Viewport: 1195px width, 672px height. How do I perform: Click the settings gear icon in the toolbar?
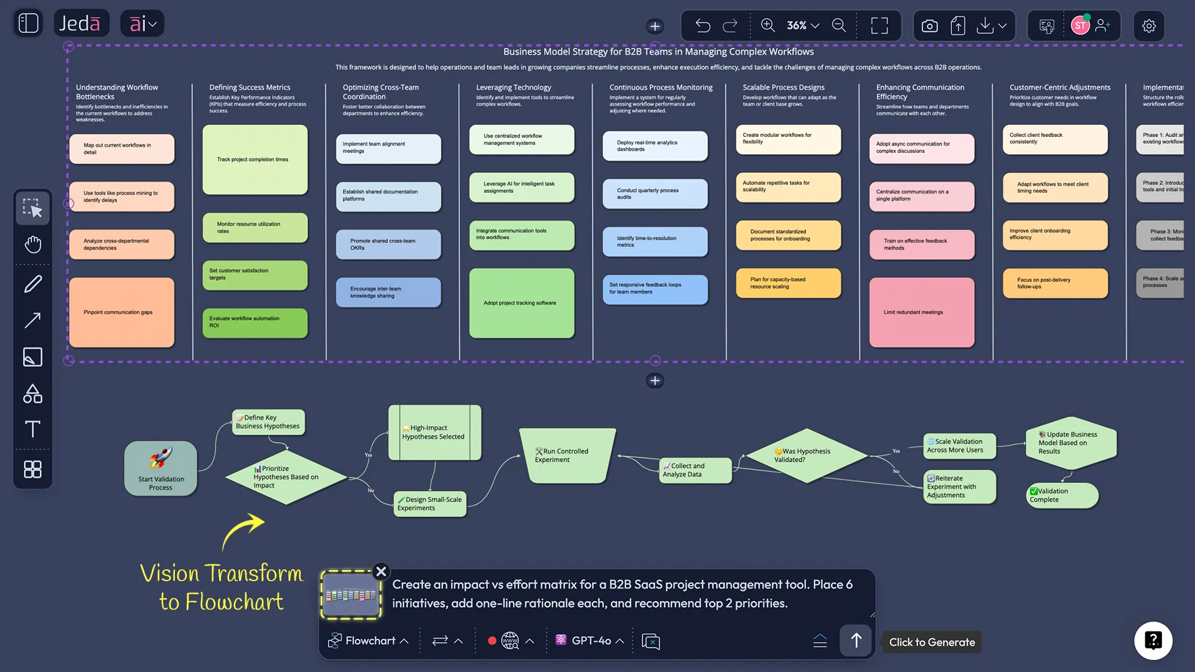pos(1148,26)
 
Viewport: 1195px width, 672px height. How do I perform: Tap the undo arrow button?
pos(703,26)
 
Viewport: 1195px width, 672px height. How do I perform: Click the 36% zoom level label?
pos(797,26)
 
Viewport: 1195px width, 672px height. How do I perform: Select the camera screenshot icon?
pos(929,26)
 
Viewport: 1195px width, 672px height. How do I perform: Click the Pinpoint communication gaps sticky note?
pos(122,312)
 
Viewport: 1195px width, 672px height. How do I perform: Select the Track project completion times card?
pos(255,160)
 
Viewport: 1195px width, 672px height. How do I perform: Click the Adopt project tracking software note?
pos(522,303)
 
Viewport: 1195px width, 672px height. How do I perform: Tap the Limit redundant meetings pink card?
pos(922,312)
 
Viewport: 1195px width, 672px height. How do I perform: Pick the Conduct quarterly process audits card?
pos(655,194)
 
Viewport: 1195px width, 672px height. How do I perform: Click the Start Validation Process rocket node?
pos(161,469)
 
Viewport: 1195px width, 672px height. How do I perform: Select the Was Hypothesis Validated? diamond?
pos(807,455)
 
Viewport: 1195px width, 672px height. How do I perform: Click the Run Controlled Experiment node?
pos(566,455)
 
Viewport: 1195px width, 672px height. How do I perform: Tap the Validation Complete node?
pos(1061,495)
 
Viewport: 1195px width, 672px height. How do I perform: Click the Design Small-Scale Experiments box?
pos(430,503)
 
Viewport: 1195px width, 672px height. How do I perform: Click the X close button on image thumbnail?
pos(381,571)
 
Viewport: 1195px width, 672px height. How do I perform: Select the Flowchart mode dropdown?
pos(368,640)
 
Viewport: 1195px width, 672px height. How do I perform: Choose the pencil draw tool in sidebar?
pos(32,284)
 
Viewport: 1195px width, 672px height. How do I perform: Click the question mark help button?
pos(1153,640)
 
